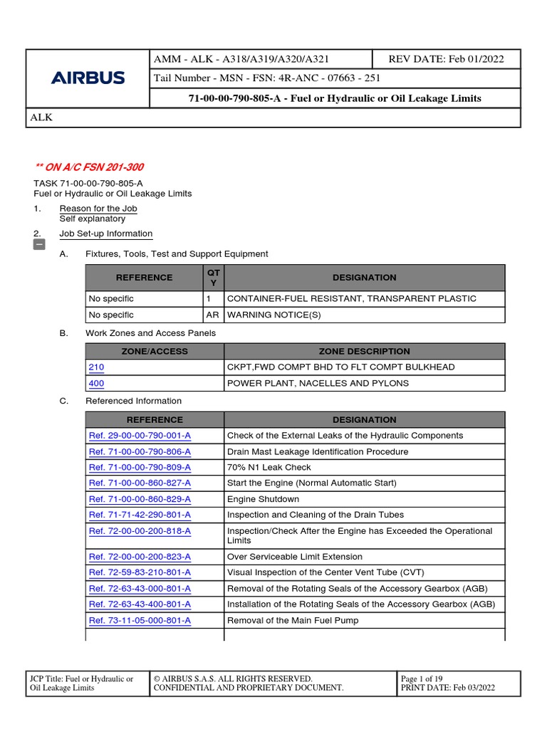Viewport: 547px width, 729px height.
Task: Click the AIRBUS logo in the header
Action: click(x=88, y=78)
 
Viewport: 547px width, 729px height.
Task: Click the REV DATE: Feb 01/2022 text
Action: click(x=446, y=59)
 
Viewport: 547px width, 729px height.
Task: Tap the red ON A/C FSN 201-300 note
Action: click(x=89, y=167)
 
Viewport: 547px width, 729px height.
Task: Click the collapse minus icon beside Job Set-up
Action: click(x=39, y=245)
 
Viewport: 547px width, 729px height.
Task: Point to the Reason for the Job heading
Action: click(x=98, y=209)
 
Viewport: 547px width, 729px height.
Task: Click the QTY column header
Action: click(x=214, y=278)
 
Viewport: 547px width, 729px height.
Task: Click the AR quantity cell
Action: click(x=213, y=315)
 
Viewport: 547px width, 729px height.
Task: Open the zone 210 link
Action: click(x=96, y=367)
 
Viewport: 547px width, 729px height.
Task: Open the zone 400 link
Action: click(x=96, y=383)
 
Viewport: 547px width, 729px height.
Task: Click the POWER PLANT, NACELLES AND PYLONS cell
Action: click(x=318, y=383)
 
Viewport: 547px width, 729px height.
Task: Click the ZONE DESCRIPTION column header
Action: click(x=364, y=351)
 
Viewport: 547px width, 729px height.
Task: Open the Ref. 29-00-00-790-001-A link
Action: click(x=140, y=436)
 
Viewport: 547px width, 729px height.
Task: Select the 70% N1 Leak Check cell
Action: click(x=269, y=468)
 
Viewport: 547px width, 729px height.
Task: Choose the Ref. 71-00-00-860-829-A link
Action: click(x=140, y=499)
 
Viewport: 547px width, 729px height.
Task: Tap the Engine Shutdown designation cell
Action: click(x=263, y=499)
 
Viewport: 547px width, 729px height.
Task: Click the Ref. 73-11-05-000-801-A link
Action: click(x=140, y=620)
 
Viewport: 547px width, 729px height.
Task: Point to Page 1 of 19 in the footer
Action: click(x=422, y=678)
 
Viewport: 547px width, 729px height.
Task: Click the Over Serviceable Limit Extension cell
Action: click(x=294, y=557)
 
